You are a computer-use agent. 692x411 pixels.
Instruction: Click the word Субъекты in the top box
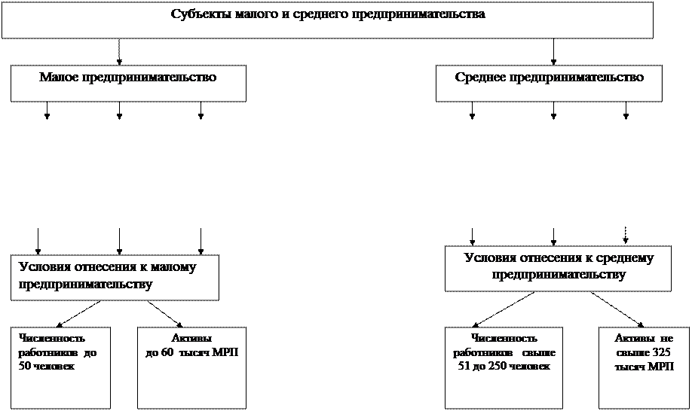point(197,14)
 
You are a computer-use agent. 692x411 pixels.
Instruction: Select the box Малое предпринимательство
point(128,83)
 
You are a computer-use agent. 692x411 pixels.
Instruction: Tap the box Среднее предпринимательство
point(549,83)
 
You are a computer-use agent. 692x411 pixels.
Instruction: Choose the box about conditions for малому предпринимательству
point(115,277)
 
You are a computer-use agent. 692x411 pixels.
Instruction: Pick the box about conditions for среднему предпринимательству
point(558,268)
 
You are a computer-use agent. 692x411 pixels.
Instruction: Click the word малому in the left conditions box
point(171,268)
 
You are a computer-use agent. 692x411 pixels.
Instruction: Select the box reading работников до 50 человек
point(60,367)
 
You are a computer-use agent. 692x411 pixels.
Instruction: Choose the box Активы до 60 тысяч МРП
point(191,367)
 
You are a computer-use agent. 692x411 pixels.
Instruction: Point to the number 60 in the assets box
point(167,352)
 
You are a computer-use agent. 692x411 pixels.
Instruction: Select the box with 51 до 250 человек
point(504,367)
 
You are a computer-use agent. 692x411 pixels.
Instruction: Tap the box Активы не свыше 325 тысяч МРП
point(644,367)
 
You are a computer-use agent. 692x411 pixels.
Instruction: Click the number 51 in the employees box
point(464,366)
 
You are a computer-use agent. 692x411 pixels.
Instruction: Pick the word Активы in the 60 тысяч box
point(191,339)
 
